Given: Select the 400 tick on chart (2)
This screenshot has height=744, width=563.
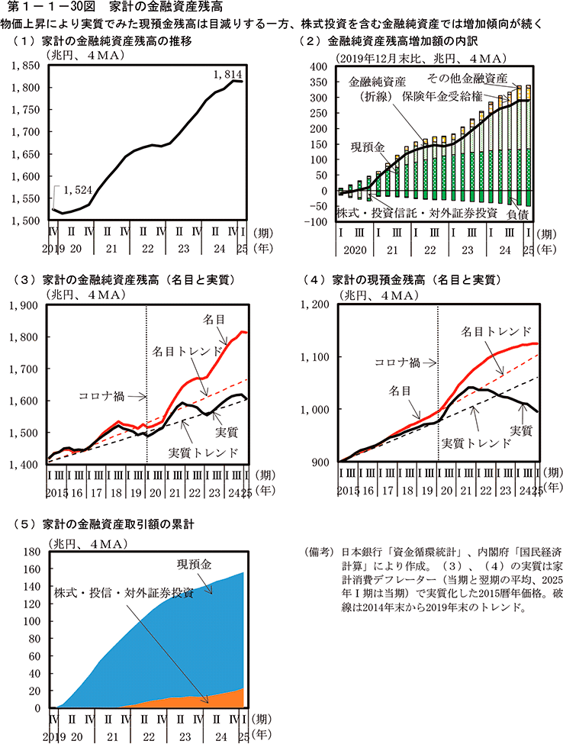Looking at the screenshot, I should pyautogui.click(x=316, y=66).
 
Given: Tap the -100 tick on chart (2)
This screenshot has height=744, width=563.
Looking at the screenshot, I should pyautogui.click(x=314, y=222).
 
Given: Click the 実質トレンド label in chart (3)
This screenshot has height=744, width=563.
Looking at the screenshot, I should pyautogui.click(x=199, y=452).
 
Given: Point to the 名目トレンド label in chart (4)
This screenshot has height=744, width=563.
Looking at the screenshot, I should pyautogui.click(x=497, y=332).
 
